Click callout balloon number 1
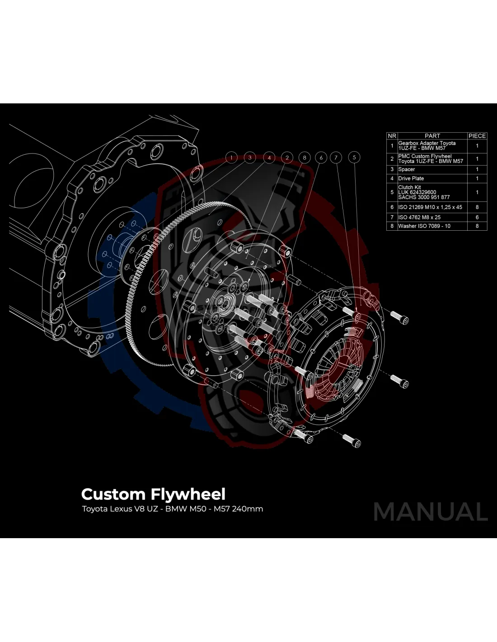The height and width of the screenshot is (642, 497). pyautogui.click(x=231, y=158)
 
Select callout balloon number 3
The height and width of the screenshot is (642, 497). pyautogui.click(x=249, y=158)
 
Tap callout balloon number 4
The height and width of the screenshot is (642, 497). pyautogui.click(x=269, y=158)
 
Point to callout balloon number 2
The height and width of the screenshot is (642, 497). pyautogui.click(x=287, y=158)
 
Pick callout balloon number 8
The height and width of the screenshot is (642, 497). pyautogui.click(x=305, y=158)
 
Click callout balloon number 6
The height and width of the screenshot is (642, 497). pyautogui.click(x=321, y=158)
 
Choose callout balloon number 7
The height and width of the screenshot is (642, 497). pyautogui.click(x=336, y=158)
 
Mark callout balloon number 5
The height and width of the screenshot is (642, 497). pyautogui.click(x=354, y=158)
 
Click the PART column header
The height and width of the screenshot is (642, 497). pyautogui.click(x=432, y=135)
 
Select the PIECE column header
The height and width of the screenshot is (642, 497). pyautogui.click(x=477, y=135)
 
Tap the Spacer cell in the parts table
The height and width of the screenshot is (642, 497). pyautogui.click(x=407, y=169)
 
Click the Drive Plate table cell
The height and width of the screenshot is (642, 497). pyautogui.click(x=411, y=178)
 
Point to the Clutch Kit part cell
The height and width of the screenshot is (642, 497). pyautogui.click(x=424, y=192)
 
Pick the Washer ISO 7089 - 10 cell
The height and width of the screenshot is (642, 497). pyautogui.click(x=424, y=226)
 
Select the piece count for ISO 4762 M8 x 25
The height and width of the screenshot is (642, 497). pyautogui.click(x=477, y=217)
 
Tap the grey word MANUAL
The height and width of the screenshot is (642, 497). pyautogui.click(x=431, y=512)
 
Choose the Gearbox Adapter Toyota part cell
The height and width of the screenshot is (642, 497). pyautogui.click(x=427, y=145)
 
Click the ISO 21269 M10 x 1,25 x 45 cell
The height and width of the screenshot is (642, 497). pyautogui.click(x=430, y=207)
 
